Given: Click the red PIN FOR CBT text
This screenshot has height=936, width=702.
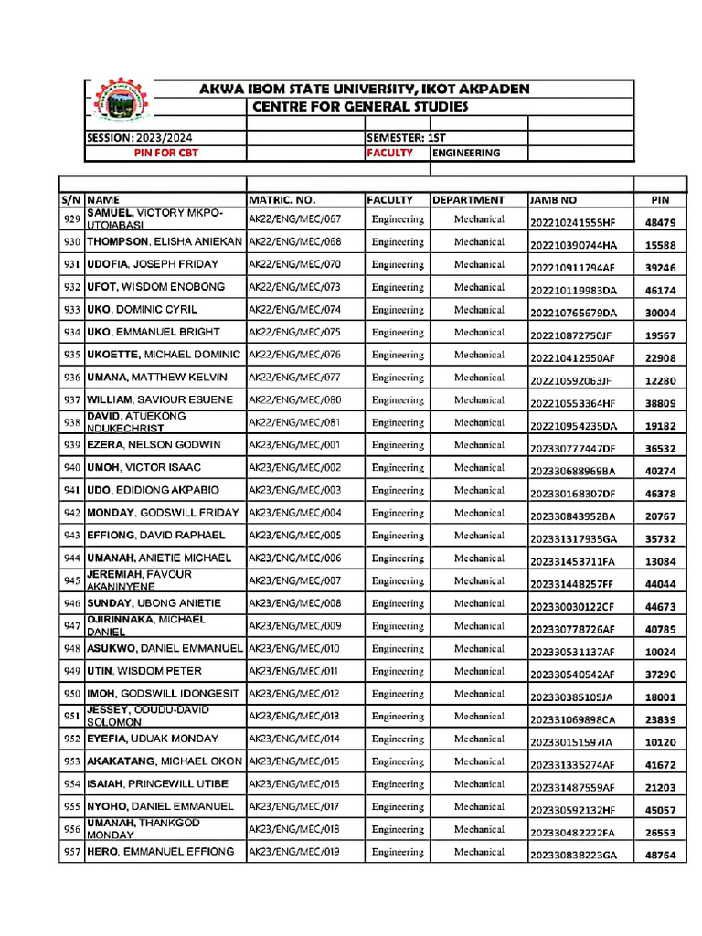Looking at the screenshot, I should point(165,153).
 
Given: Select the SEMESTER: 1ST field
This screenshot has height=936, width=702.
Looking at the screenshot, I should point(407,137).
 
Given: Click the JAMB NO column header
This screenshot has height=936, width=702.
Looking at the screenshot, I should point(553,199).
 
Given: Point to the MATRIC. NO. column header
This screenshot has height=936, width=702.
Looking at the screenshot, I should point(282,199).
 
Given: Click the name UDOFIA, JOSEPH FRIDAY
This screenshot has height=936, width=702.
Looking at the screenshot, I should point(153,265).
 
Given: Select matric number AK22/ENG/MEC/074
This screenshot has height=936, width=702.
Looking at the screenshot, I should point(294,310).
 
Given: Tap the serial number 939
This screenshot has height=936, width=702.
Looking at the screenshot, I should point(72,445).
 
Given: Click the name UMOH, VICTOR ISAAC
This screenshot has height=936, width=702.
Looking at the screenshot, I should point(144,468).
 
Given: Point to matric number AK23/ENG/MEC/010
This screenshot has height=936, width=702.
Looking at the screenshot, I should point(294,649).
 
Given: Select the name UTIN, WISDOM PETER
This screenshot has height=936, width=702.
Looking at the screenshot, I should point(144,671).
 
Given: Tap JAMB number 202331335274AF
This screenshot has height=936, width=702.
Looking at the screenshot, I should point(573,765).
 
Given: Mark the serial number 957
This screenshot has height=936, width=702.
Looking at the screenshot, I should point(72,852).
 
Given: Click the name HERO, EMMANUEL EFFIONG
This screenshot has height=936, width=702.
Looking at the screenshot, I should point(160,852).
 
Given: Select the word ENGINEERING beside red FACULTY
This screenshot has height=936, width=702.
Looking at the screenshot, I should point(466,153).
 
